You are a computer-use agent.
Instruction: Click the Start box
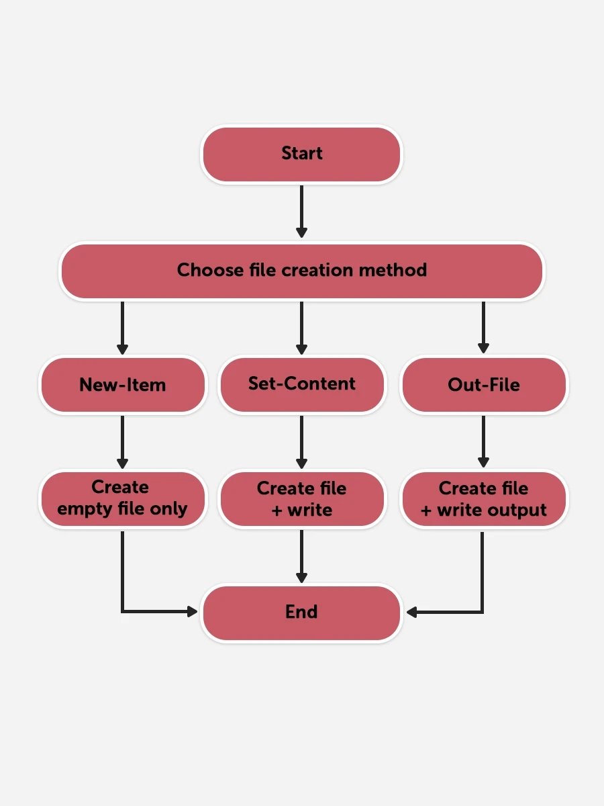pyautogui.click(x=301, y=154)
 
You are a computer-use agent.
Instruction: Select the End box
pyautogui.click(x=301, y=613)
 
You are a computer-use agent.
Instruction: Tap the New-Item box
pyautogui.click(x=122, y=385)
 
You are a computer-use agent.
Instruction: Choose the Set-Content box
pyautogui.click(x=301, y=384)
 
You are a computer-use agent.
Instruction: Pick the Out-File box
pyautogui.click(x=483, y=385)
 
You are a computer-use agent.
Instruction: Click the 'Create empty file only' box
pyautogui.click(x=122, y=498)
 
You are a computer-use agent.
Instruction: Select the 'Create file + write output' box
pyautogui.click(x=483, y=500)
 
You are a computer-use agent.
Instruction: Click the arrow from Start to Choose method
pyautogui.click(x=301, y=211)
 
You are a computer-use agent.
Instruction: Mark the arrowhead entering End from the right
pyautogui.click(x=412, y=612)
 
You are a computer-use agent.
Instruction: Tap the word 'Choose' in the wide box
pyautogui.click(x=209, y=270)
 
